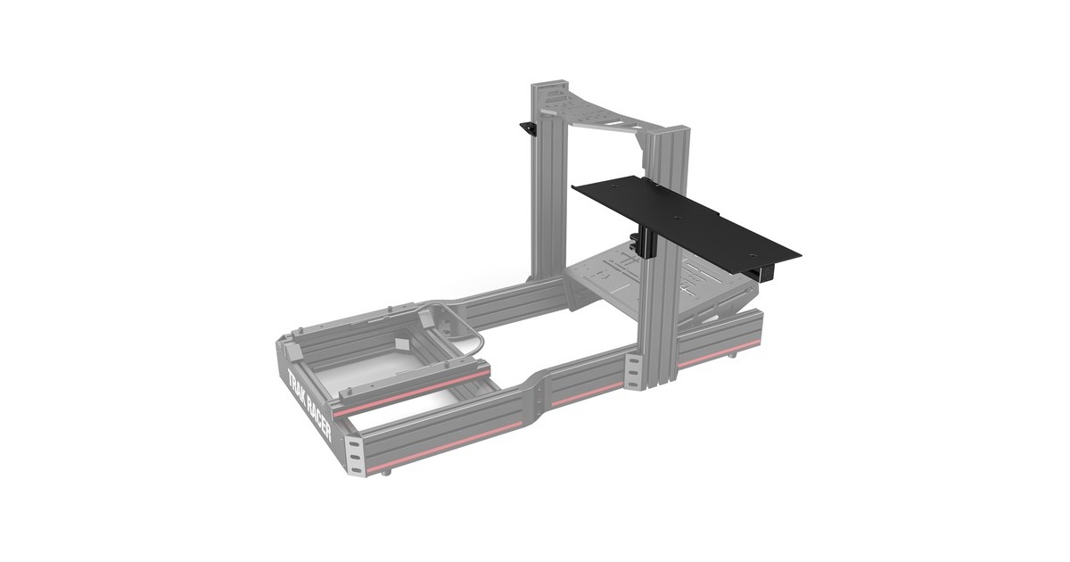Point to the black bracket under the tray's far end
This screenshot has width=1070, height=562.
coord(764,269)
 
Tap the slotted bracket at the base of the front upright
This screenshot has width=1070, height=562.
coord(634,371)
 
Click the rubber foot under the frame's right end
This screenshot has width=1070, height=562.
coord(733,354)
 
